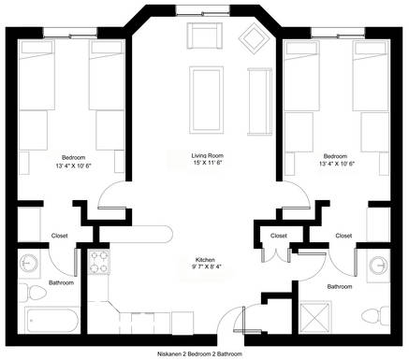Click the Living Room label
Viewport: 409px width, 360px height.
tap(208, 155)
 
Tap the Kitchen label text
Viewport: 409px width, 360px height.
tap(205, 260)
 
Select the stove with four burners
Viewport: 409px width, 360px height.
tap(99, 262)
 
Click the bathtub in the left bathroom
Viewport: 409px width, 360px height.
tap(52, 320)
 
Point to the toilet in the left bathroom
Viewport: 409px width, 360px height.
tap(33, 293)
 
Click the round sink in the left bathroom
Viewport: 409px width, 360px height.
tap(29, 264)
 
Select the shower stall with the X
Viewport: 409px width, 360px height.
tap(315, 317)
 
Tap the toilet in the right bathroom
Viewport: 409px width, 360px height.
tap(376, 316)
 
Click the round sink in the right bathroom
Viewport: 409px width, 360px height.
tap(378, 266)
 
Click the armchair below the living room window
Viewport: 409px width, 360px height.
tap(205, 36)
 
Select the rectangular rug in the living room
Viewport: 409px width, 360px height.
tap(207, 100)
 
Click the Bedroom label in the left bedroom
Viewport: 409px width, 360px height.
tap(73, 158)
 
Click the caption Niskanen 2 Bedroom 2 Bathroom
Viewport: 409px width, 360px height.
tap(199, 354)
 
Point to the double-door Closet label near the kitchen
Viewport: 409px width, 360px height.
tap(279, 236)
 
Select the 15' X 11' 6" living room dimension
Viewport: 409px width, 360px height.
tap(208, 163)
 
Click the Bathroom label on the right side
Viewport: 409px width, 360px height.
tap(340, 286)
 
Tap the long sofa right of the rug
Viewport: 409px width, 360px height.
tap(259, 102)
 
